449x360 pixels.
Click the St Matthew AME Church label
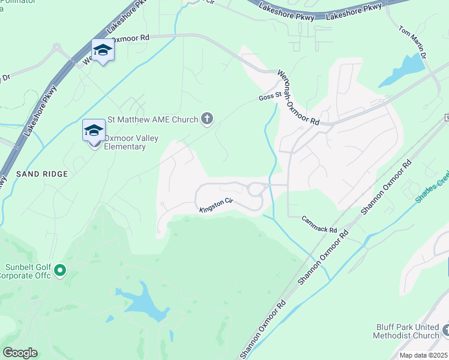(152, 119)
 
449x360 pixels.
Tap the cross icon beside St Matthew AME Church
(207, 119)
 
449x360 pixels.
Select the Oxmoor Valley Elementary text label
(131, 142)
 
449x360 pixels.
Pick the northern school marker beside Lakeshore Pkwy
(103, 50)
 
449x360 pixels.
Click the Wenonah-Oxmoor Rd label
(298, 97)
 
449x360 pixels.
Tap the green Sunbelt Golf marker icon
(59, 271)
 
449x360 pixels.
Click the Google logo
(20, 353)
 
